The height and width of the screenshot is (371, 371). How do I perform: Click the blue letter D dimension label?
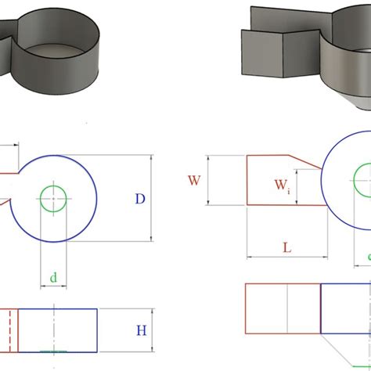click(x=140, y=199)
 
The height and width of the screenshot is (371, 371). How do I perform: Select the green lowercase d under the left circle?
click(x=53, y=276)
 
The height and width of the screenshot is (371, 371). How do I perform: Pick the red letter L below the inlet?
click(x=286, y=247)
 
